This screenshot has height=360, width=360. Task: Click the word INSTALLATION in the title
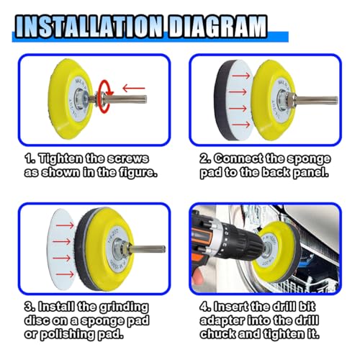[x=88, y=27]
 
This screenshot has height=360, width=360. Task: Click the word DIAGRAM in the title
[x=217, y=27]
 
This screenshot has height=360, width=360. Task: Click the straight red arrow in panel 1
[x=134, y=89]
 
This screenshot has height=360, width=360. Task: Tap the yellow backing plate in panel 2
[x=274, y=99]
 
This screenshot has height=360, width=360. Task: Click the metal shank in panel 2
[x=317, y=100]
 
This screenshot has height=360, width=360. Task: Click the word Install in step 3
[x=56, y=307]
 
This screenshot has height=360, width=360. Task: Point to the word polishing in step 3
[x=67, y=334]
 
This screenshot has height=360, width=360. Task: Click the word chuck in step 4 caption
[x=217, y=334]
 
